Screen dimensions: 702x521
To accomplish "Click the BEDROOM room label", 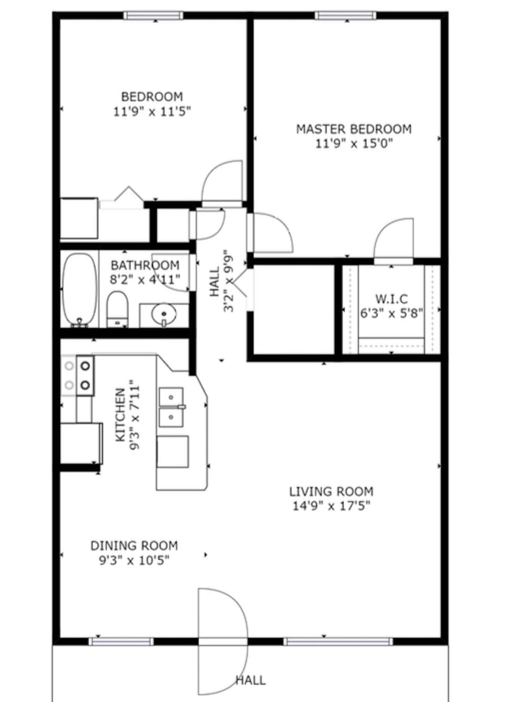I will pos(152,97).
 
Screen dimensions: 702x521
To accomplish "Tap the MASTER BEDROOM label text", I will pos(353,129).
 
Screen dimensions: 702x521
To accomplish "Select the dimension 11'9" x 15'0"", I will pos(353,144).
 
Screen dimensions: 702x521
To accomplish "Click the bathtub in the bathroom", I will pos(79,290).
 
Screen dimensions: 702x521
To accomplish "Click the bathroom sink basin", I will pos(163,314).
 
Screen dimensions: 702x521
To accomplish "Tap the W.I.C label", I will pos(391,299).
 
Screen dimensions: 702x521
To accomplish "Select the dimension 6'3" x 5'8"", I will pos(391,314).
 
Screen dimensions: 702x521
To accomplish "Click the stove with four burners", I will pos(78,375).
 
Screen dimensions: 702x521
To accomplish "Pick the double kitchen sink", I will pos(171,407).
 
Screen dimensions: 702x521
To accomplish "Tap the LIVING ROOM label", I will pos(331,492).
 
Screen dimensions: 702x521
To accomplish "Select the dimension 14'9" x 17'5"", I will pos(331,506).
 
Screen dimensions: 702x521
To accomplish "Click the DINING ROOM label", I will pos(134,546).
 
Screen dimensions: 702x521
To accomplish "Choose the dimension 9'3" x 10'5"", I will pos(134,560).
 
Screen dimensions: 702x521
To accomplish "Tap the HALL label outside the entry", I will pos(251,680).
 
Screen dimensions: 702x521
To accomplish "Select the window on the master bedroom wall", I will pos(345,16).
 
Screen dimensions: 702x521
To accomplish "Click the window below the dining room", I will pos(121,642).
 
